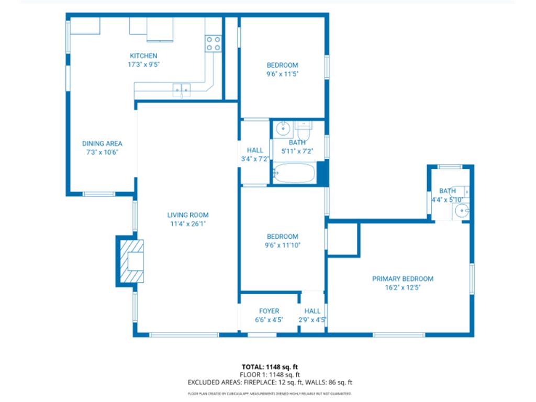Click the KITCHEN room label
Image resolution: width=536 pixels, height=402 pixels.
click(143, 56)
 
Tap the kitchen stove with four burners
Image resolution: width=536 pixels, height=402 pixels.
click(213, 43)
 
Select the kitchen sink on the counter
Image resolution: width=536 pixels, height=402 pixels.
click(182, 90)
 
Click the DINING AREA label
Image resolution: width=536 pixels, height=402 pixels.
click(102, 143)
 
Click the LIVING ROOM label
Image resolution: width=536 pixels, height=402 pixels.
click(187, 215)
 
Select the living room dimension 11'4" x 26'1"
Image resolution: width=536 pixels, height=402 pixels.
click(187, 224)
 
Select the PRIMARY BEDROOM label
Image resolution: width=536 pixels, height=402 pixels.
click(403, 279)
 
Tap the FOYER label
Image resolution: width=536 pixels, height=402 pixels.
click(269, 311)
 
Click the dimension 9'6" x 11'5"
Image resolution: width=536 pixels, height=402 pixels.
click(282, 74)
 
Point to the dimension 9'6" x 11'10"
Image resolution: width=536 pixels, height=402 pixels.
click(282, 245)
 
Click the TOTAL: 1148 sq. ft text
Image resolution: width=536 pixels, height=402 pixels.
click(270, 366)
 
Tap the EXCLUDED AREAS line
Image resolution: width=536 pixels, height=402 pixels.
click(270, 383)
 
